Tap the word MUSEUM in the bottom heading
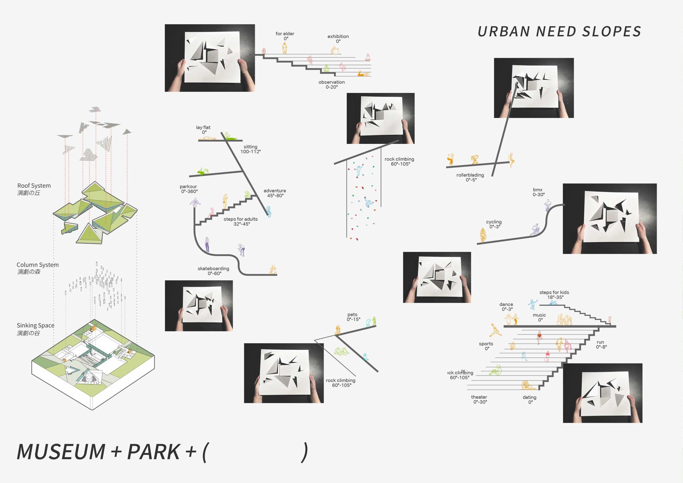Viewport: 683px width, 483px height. [x=61, y=452]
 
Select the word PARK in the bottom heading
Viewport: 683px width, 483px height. [x=153, y=452]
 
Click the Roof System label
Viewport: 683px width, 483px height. [x=34, y=186]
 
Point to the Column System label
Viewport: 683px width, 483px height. [x=37, y=265]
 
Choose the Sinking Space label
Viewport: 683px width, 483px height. [x=35, y=325]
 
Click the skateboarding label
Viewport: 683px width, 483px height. [x=213, y=268]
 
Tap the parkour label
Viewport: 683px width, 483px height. [x=188, y=186]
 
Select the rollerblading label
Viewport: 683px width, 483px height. [x=470, y=175]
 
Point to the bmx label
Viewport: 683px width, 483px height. [x=537, y=190]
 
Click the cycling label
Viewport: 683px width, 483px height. [x=494, y=222]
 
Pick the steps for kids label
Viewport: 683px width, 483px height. [x=554, y=292]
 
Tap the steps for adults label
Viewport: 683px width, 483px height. [x=241, y=219]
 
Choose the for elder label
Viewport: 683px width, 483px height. [x=285, y=34]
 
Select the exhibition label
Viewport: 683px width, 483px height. [x=338, y=36]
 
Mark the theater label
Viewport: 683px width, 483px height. [x=479, y=397]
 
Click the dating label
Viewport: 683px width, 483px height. [x=530, y=397]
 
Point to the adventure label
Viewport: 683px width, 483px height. [x=275, y=191]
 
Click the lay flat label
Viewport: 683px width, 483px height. [x=203, y=127]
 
